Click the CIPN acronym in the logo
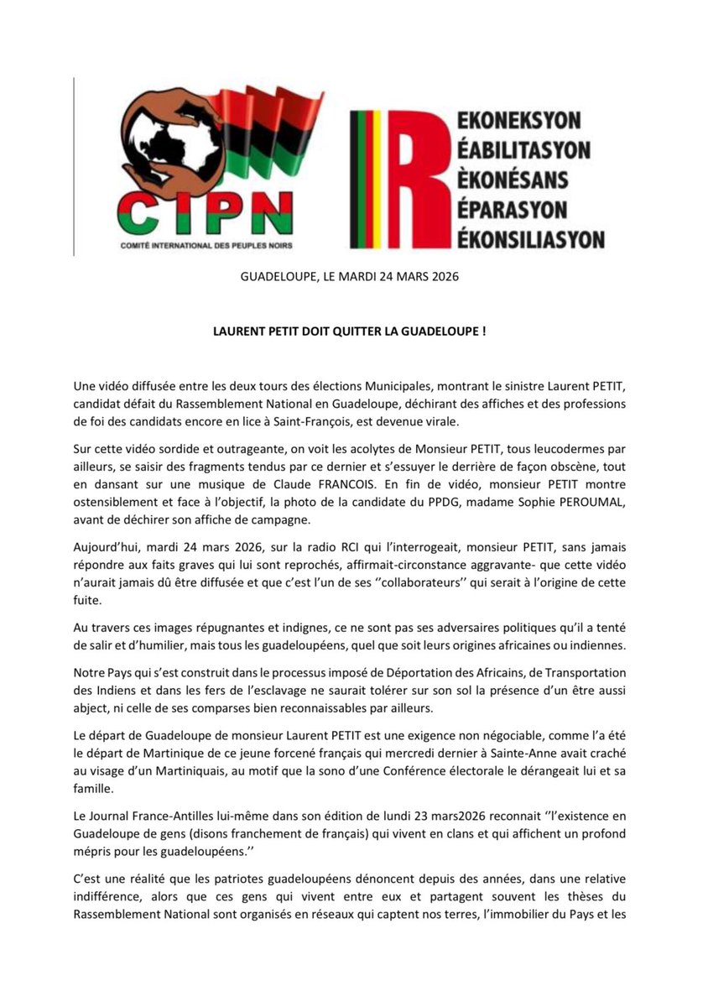pos(206,213)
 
